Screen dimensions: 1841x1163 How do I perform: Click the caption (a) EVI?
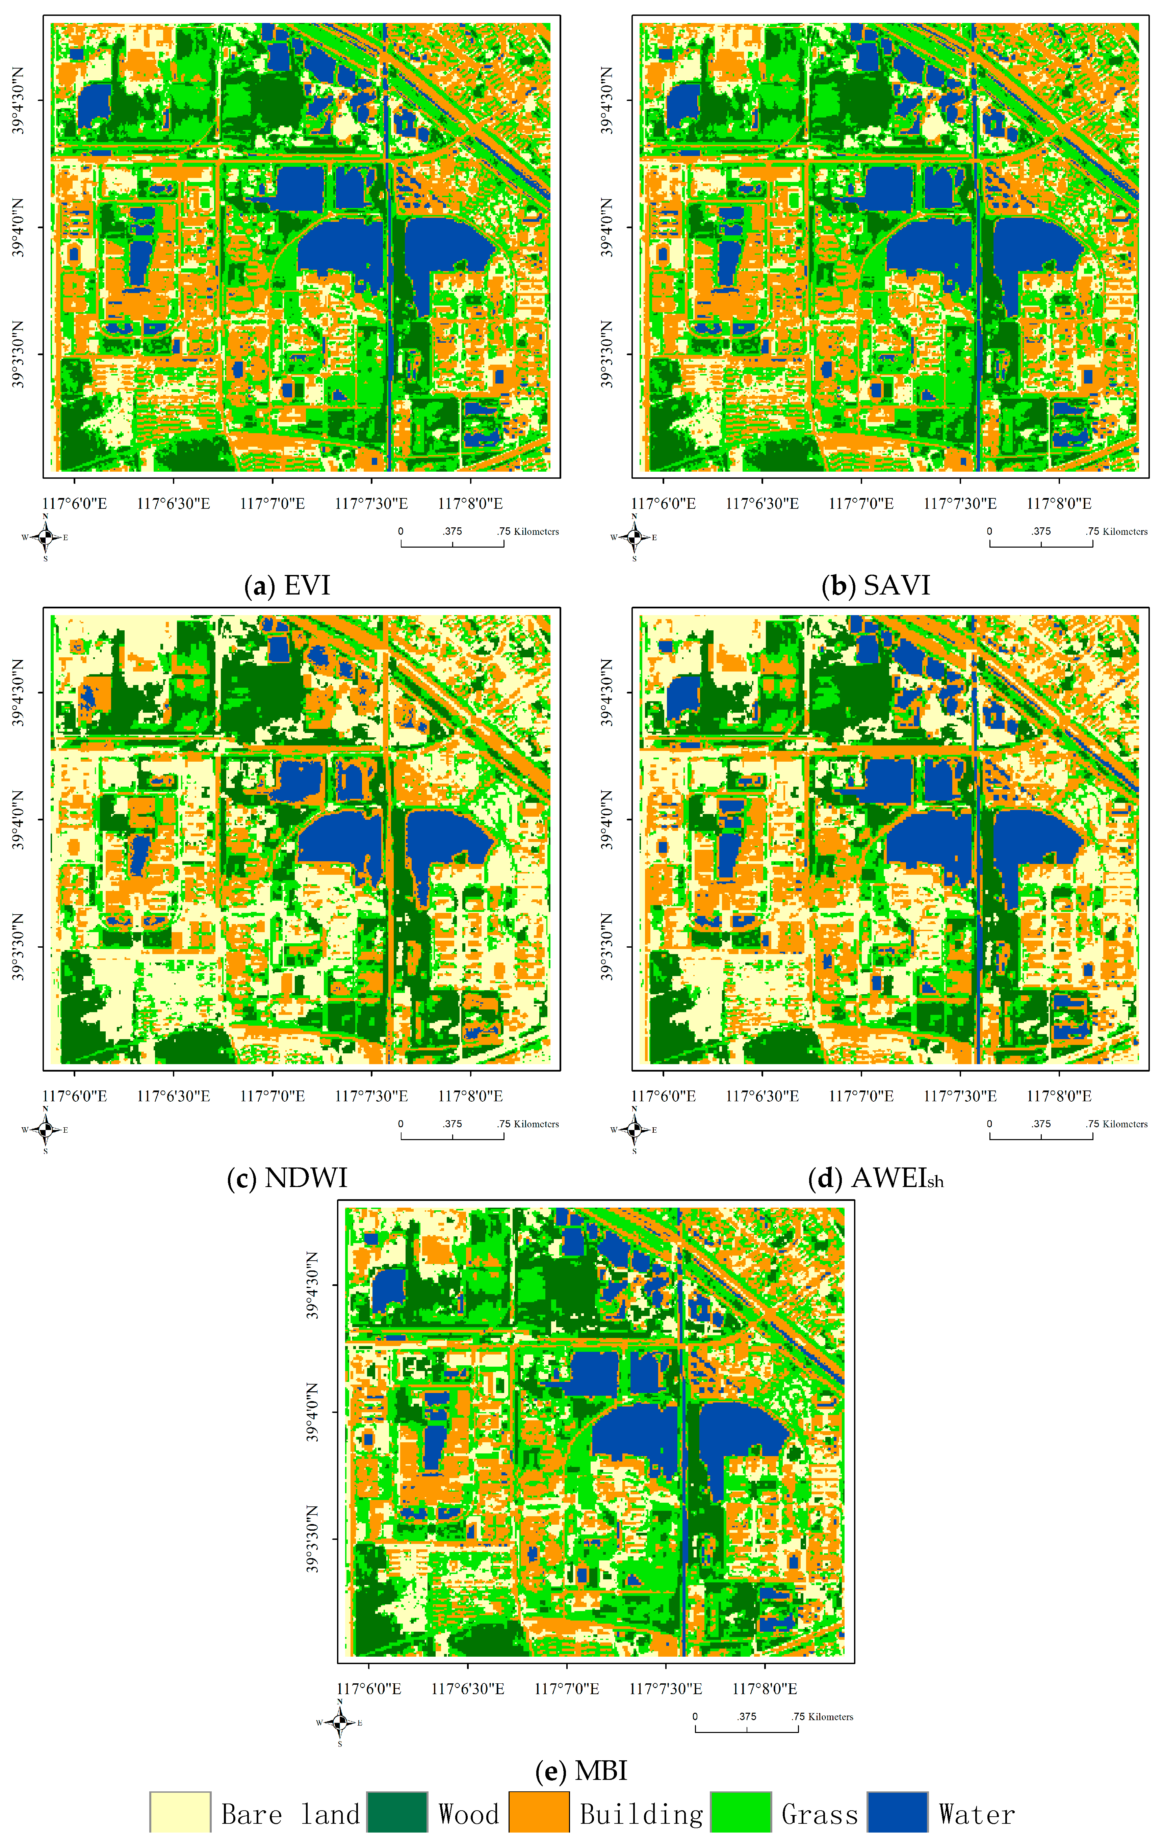287,586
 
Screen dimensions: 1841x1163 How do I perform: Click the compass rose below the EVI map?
45,537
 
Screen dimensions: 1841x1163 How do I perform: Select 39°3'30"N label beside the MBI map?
312,1539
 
